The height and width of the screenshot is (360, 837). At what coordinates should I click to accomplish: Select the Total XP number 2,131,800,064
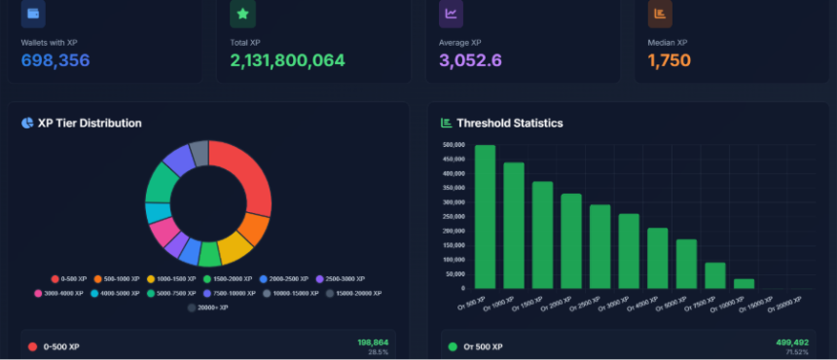tap(287, 61)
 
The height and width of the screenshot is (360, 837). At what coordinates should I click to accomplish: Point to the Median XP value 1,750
tap(669, 61)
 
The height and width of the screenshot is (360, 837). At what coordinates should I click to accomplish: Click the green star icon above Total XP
tap(242, 14)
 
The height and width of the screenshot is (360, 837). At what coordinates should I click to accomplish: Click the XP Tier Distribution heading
tap(89, 124)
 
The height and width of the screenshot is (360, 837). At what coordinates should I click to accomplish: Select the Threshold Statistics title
tap(508, 124)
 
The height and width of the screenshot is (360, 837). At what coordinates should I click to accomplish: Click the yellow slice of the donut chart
tap(234, 248)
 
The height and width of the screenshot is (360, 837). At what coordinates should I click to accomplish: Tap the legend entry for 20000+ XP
tap(208, 306)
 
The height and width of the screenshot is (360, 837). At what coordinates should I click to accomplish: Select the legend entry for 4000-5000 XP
tap(116, 292)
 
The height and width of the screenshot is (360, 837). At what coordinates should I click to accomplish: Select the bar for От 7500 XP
tap(714, 274)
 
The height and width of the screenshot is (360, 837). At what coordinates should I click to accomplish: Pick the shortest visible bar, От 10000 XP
tap(744, 282)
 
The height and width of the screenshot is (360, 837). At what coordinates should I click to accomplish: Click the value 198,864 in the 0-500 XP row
tap(373, 342)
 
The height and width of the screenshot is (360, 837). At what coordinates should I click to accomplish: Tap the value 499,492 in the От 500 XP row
tap(792, 342)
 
